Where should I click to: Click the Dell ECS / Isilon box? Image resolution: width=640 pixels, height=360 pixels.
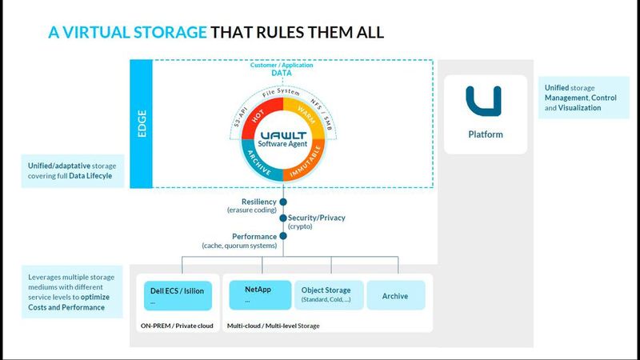pyautogui.click(x=177, y=295)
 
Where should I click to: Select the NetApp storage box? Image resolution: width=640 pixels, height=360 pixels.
pyautogui.click(x=260, y=294)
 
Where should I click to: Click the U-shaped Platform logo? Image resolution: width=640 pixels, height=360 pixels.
pyautogui.click(x=485, y=102)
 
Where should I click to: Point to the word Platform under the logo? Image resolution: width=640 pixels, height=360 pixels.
pyautogui.click(x=486, y=134)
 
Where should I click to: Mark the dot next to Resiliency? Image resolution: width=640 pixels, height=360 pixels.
pyautogui.click(x=282, y=202)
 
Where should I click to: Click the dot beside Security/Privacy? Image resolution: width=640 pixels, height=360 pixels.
pyautogui.click(x=282, y=218)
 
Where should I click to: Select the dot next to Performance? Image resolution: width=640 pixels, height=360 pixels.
pyautogui.click(x=282, y=237)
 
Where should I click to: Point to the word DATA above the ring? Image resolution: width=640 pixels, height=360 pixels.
pyautogui.click(x=282, y=73)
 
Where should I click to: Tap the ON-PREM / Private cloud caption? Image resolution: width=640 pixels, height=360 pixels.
pyautogui.click(x=177, y=326)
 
